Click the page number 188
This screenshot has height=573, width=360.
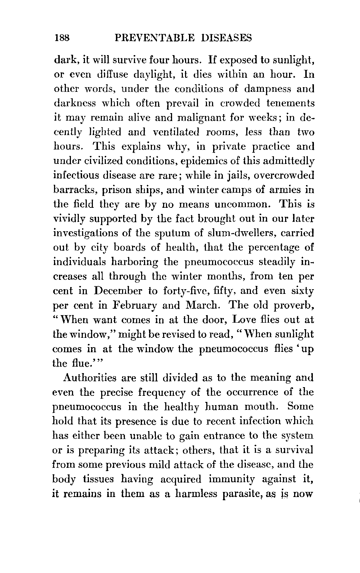point(62,38)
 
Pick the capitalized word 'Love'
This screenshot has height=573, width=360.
point(246,320)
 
